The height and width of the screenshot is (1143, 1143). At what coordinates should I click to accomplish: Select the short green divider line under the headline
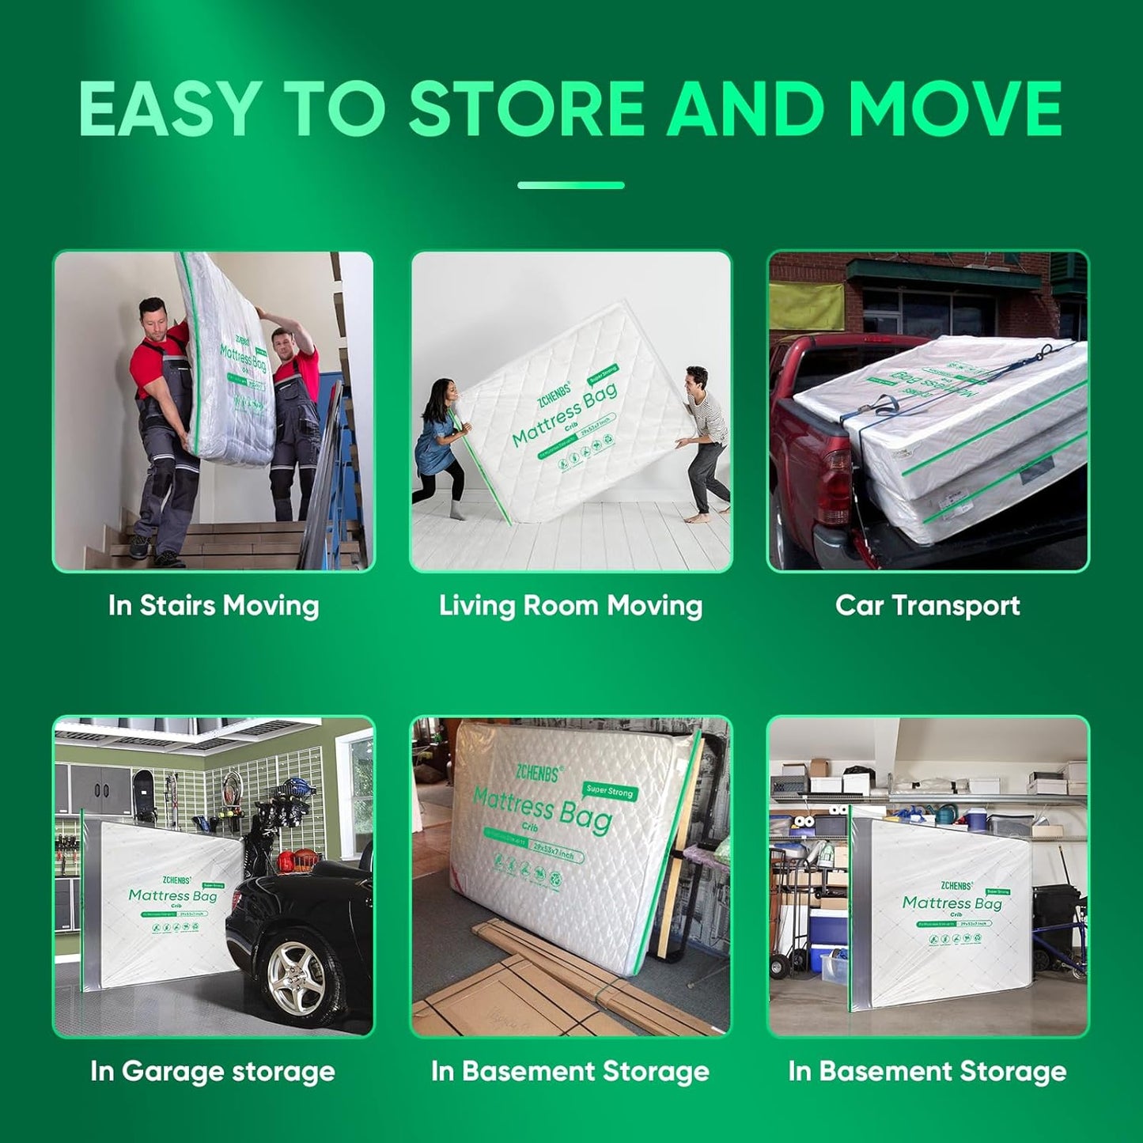[570, 185]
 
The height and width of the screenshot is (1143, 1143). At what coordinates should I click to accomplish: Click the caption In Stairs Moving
[214, 606]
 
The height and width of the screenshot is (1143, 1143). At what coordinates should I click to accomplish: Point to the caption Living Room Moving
[570, 606]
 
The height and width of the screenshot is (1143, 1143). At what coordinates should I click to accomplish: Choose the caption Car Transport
[927, 606]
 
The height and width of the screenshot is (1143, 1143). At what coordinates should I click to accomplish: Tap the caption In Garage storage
[213, 1071]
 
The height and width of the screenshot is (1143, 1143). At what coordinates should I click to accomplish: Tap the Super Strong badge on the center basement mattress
[609, 790]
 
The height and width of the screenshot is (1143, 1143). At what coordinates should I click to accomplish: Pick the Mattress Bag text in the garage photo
[172, 895]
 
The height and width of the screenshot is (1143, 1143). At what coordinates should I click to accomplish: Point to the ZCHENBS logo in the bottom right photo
[956, 885]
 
